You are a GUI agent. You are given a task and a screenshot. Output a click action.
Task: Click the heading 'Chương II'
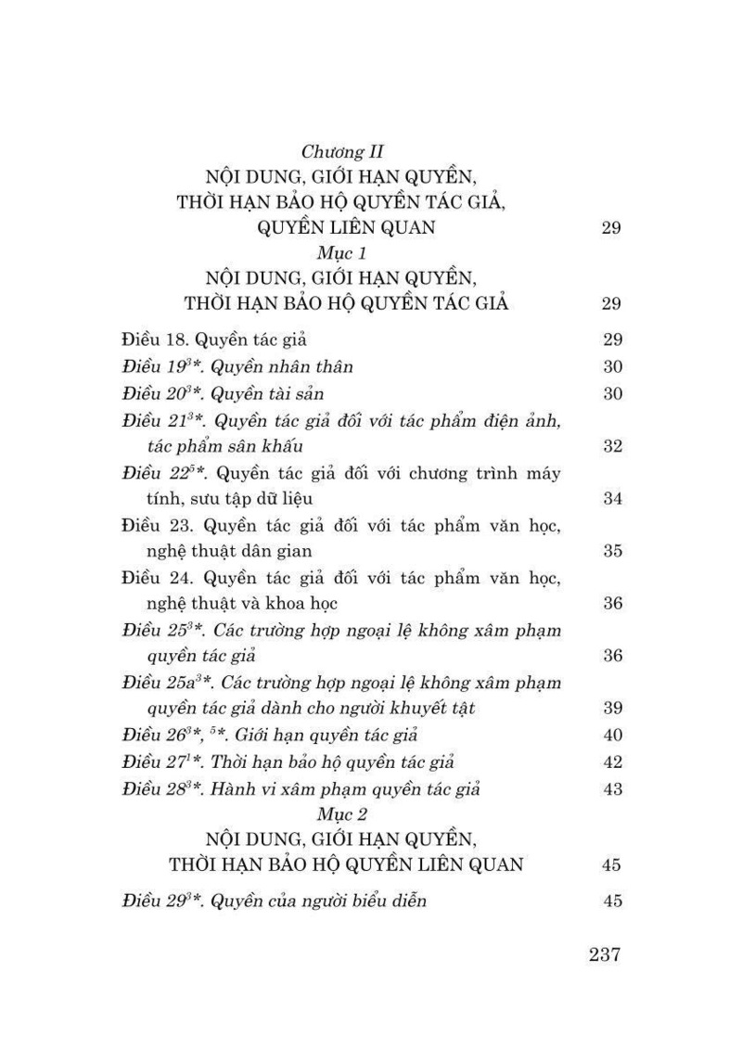[x=343, y=152]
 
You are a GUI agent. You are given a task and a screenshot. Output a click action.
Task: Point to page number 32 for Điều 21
[x=611, y=446]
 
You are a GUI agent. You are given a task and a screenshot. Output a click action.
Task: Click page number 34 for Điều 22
[x=611, y=499]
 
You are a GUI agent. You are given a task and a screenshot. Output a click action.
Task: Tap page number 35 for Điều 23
[x=611, y=552]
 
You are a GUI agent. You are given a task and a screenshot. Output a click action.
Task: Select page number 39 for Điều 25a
[x=611, y=710]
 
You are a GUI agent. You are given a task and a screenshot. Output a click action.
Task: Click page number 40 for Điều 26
[x=611, y=736]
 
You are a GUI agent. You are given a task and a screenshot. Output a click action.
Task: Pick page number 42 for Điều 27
[x=611, y=762]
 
